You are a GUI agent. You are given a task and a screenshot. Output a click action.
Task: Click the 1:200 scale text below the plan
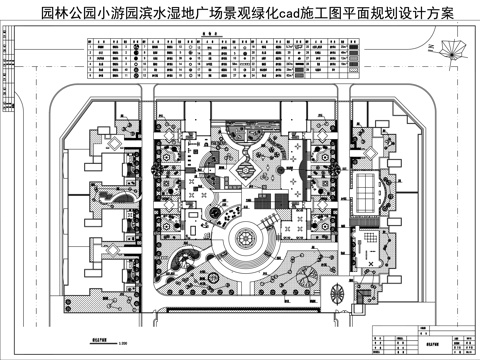(x=122, y=346)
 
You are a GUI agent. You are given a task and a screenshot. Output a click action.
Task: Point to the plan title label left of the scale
(x=98, y=340)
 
